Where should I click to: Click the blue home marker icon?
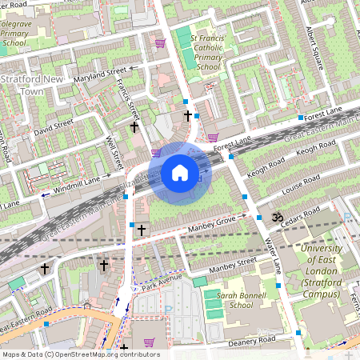click(180, 173)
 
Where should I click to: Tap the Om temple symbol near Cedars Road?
click(278, 217)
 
